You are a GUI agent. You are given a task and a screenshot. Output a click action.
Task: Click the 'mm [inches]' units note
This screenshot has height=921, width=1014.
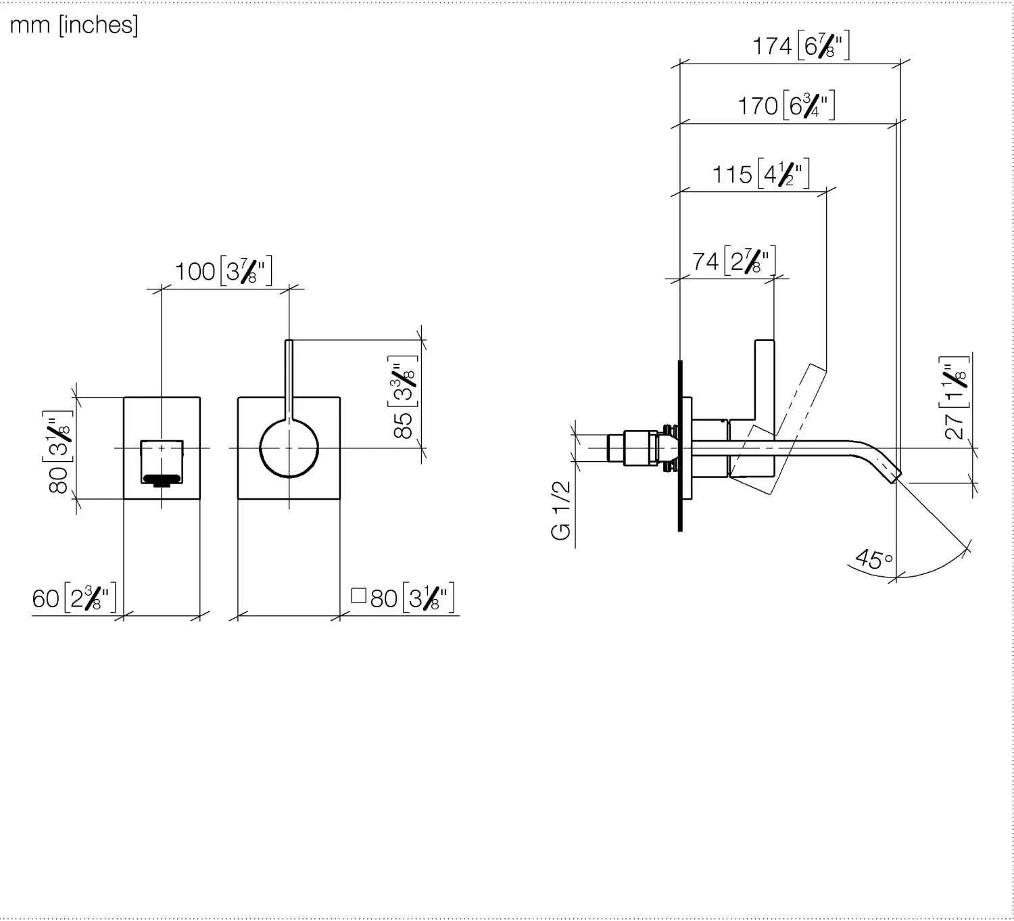[74, 25]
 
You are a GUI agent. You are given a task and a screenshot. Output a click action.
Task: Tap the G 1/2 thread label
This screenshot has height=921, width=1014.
[561, 511]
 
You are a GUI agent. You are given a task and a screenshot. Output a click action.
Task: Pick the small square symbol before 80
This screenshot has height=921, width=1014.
[358, 595]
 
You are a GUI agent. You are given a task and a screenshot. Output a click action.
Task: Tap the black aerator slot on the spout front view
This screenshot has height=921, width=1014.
[162, 479]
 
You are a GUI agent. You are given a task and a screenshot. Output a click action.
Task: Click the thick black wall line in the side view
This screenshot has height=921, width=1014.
[680, 446]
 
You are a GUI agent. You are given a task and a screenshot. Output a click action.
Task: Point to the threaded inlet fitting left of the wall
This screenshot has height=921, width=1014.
[642, 448]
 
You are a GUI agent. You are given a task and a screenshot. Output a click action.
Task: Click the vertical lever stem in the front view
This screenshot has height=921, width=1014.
[289, 379]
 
